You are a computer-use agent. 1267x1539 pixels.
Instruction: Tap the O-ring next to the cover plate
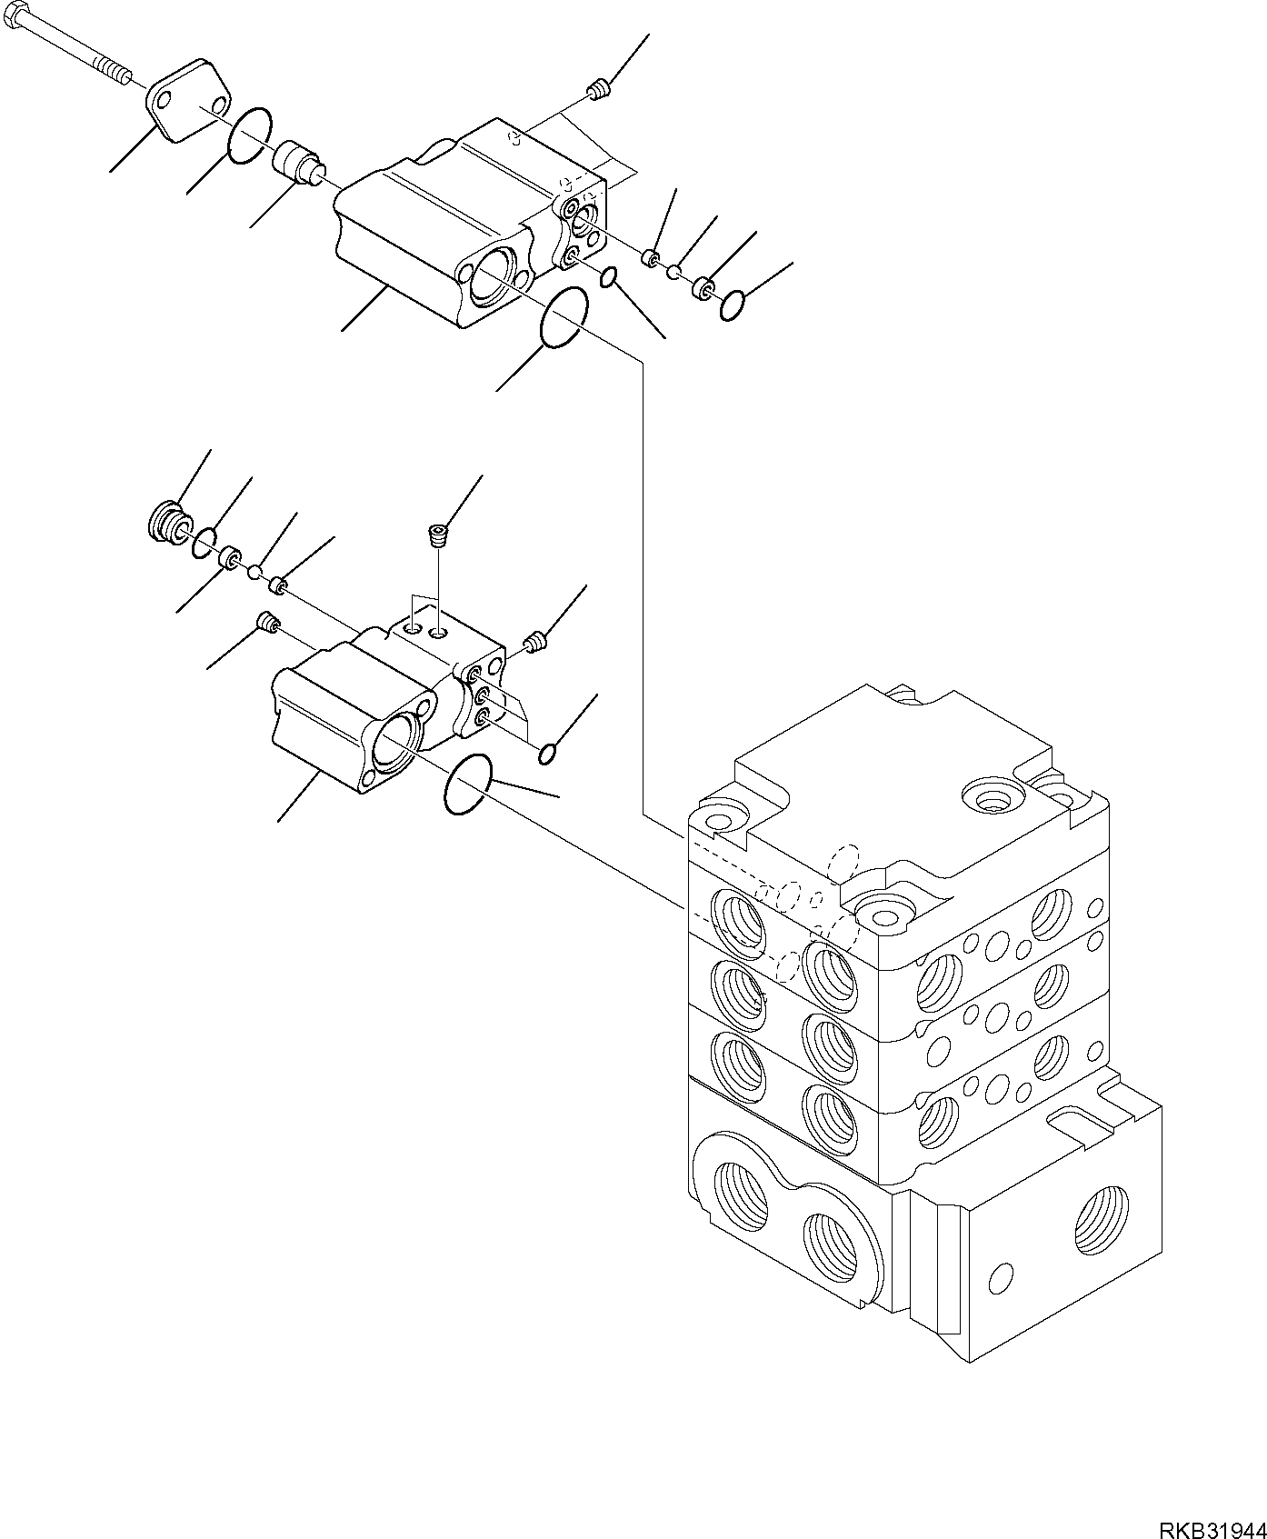248,135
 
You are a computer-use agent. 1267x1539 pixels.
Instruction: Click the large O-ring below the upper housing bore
564,317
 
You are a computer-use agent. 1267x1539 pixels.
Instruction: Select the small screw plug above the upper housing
598,89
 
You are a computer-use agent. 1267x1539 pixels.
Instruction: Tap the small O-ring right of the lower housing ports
548,754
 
